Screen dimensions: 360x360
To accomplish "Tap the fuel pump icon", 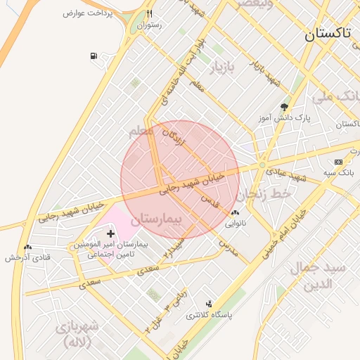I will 94,56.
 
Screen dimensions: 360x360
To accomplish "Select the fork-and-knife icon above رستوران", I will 149,14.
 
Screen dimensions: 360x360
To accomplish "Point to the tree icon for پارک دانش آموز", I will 284,107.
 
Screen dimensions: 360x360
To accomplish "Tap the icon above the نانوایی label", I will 234,212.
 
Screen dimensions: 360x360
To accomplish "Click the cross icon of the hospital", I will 110,233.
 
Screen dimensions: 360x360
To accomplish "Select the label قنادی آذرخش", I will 28,257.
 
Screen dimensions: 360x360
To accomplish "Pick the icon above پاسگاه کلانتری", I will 209,303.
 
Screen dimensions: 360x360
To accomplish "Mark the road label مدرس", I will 229,247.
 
